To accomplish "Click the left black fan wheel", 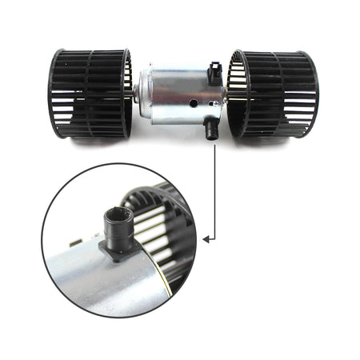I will [x=90, y=94].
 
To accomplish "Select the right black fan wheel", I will [x=272, y=94].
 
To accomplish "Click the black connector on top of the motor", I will [x=214, y=73].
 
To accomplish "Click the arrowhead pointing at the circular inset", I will [x=206, y=238].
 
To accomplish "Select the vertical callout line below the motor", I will [x=214, y=184].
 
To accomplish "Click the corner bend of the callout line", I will [x=214, y=238].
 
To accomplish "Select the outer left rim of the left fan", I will [x=54, y=94].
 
